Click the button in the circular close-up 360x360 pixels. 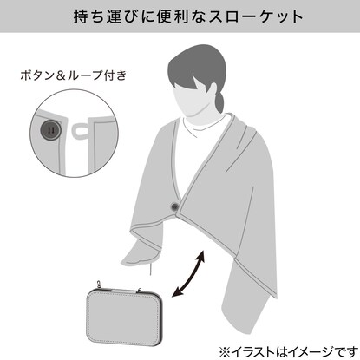click(50, 130)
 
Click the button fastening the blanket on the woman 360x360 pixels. click(174, 206)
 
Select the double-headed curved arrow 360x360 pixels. click(189, 273)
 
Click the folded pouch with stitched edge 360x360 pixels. click(124, 315)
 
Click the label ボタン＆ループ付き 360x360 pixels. click(74, 75)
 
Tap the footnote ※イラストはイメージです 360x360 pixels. click(288, 352)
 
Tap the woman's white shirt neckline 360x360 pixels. click(204, 128)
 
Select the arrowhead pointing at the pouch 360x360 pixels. click(176, 292)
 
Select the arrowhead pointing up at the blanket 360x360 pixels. click(200, 255)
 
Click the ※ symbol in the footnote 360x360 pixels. click(225, 352)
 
